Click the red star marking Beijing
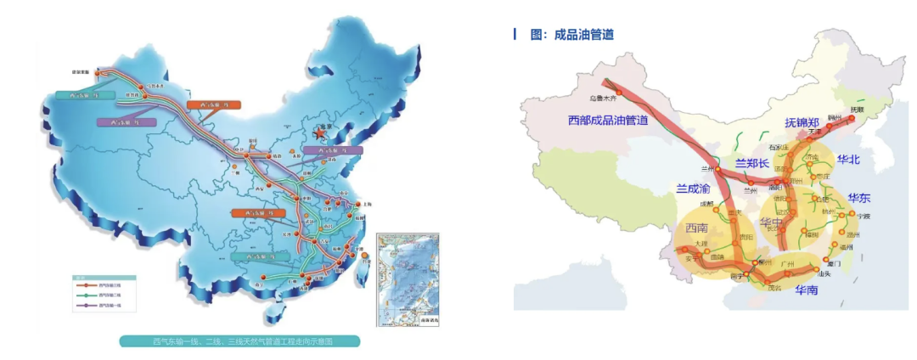(x=319, y=132)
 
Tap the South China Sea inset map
(x=407, y=278)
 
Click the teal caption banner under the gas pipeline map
(x=239, y=341)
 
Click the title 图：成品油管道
(x=571, y=35)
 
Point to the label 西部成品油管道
(x=608, y=121)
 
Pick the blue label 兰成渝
(x=694, y=189)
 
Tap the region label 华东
(x=859, y=199)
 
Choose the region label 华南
(x=807, y=290)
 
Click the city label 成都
(x=706, y=204)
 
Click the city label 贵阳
(x=744, y=239)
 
